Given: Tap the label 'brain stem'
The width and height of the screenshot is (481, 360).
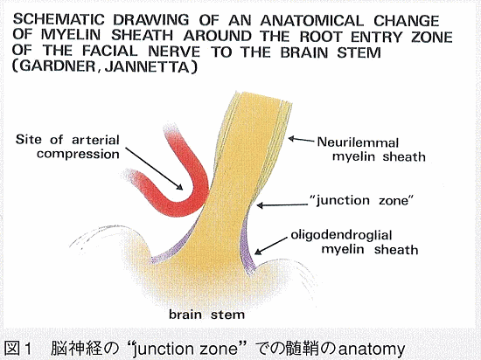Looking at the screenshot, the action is point(206,315).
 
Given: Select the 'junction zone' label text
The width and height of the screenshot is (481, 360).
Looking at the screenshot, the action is point(362,201).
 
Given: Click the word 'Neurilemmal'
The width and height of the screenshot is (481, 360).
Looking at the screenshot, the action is point(358,142).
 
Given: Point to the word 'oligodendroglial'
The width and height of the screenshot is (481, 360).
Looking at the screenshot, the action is point(341,235).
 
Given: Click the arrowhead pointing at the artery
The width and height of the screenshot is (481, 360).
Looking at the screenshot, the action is point(178,186).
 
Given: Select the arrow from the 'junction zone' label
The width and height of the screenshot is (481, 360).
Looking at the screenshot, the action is point(282,205).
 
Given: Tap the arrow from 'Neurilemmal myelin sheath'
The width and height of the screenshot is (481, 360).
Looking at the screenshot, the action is point(301,140).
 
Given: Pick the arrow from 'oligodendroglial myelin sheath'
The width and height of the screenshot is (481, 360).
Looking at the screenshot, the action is point(271,246).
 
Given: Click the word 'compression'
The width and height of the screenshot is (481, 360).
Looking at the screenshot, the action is point(78,154).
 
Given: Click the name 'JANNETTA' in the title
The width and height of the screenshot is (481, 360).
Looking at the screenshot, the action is point(147,67).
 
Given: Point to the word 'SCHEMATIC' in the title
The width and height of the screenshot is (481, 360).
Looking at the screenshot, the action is point(59,19).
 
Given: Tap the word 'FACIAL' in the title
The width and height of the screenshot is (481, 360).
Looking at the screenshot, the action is point(110,51).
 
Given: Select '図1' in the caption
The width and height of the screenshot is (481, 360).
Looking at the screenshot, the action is point(19,349).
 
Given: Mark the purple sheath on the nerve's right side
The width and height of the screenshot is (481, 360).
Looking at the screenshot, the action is point(247,246).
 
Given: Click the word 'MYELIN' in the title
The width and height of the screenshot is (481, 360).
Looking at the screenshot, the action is point(71,35).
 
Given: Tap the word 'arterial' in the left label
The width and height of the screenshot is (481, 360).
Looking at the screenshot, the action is point(95,140).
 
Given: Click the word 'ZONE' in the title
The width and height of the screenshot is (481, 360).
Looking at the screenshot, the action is point(432,38).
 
